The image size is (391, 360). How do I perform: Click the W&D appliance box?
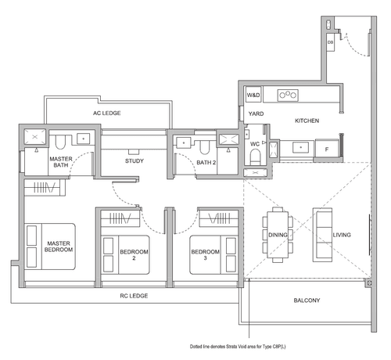[x=253, y=95]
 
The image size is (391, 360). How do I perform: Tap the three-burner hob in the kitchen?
[x=288, y=95]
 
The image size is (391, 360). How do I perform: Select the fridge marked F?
[x=327, y=149]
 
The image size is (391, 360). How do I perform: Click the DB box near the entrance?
[x=330, y=42]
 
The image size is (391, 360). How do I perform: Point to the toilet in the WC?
[x=255, y=157]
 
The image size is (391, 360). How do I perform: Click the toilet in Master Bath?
[x=60, y=142]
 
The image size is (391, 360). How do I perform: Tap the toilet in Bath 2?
[x=205, y=147]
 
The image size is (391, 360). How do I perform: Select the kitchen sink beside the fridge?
[x=300, y=147]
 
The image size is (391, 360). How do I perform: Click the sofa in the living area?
[x=322, y=235]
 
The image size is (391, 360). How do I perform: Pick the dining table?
[x=278, y=235]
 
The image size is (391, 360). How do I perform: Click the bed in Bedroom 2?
[x=125, y=255]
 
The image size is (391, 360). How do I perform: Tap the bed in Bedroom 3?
[x=213, y=255]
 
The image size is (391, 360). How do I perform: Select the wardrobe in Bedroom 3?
[x=219, y=218]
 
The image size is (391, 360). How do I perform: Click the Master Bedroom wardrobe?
[x=45, y=187]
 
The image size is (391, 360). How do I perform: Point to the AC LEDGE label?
[x=107, y=113]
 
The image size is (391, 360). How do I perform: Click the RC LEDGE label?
[x=134, y=296]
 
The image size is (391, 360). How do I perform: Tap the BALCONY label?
[x=307, y=301]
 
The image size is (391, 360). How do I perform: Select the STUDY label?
[x=135, y=160]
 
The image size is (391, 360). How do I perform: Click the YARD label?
[x=256, y=113]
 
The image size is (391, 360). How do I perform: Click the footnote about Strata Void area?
[x=238, y=347]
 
